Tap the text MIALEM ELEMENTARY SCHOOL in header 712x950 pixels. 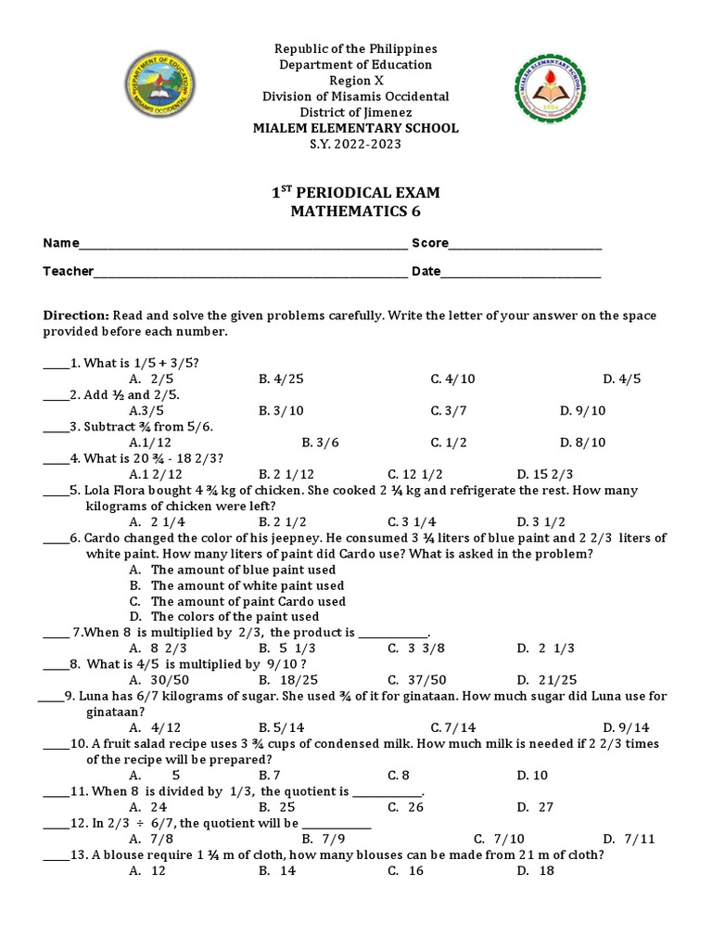click(x=356, y=128)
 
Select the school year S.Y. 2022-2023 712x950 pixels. click(x=356, y=145)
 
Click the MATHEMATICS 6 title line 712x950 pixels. click(x=356, y=212)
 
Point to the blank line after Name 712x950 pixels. click(x=243, y=246)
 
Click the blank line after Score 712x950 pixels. click(x=525, y=246)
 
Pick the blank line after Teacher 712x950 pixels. click(x=250, y=274)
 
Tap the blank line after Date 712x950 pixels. click(x=521, y=274)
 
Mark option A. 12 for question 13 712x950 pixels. click(x=148, y=870)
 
